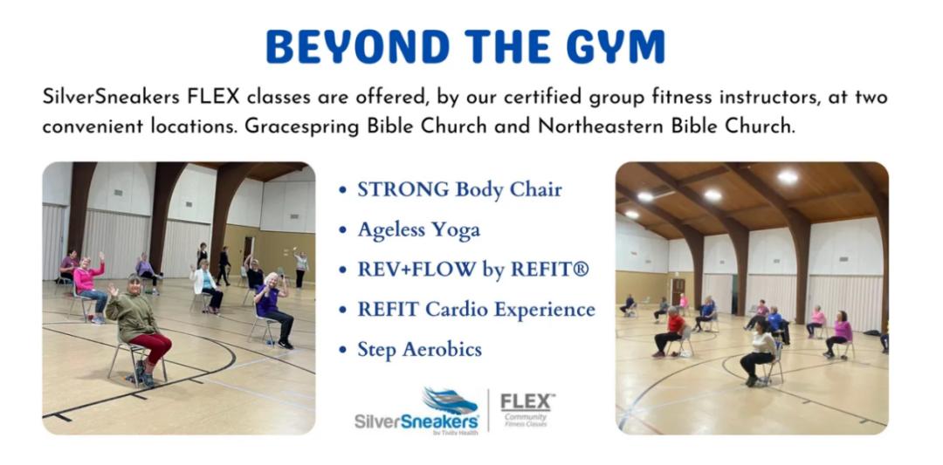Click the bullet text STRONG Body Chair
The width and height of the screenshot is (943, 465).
pyautogui.click(x=459, y=189)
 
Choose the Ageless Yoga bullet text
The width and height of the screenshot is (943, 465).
pyautogui.click(x=418, y=229)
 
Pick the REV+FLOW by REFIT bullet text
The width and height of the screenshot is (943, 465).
pyautogui.click(x=473, y=270)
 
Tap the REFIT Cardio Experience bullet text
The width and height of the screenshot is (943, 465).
pyautogui.click(x=477, y=310)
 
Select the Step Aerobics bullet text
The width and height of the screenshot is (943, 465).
pyautogui.click(x=419, y=350)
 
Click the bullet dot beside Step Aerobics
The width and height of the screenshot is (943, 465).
pyautogui.click(x=343, y=350)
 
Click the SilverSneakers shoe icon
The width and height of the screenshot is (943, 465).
pyautogui.click(x=451, y=400)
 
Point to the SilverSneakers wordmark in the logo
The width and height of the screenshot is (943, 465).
pyautogui.click(x=416, y=421)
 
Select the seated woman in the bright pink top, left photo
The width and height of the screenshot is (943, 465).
pyautogui.click(x=90, y=286)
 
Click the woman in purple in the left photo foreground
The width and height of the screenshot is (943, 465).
pyautogui.click(x=273, y=308)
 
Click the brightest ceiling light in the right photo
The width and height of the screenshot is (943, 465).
pyautogui.click(x=788, y=176)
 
